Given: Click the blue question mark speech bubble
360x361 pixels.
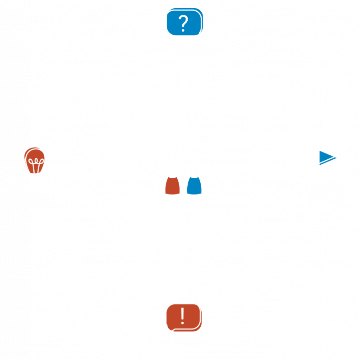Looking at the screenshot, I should (184, 23).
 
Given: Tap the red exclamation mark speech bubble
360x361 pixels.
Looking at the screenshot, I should (183, 317).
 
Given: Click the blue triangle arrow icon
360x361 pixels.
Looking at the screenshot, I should (327, 157).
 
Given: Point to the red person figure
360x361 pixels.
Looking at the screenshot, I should (173, 179).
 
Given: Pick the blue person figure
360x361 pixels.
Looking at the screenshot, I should (194, 179).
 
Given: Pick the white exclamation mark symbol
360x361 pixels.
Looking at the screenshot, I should (183, 316).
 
